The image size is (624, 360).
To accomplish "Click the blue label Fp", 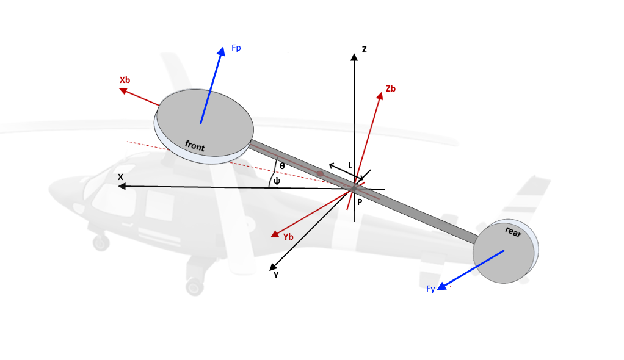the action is [x=236, y=48].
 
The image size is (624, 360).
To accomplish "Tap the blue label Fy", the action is [x=430, y=289].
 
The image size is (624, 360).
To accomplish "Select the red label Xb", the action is [x=125, y=80].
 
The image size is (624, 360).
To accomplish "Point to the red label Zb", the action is [x=390, y=88].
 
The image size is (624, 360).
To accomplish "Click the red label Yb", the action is [x=288, y=237].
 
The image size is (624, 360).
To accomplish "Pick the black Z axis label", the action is [x=364, y=49].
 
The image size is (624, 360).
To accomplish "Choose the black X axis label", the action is [x=120, y=177].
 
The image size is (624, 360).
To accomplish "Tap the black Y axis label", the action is [x=276, y=275].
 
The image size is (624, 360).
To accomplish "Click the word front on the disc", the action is [x=195, y=146].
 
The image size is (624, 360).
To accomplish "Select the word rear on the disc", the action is [x=513, y=231].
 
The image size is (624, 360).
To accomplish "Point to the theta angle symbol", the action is [x=282, y=166].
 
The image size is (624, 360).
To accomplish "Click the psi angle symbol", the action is [x=277, y=181].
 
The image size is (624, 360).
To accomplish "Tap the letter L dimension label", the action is [x=350, y=165].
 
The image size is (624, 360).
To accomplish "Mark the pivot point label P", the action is [x=360, y=202].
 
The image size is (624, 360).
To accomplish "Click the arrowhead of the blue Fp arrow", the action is [x=221, y=51].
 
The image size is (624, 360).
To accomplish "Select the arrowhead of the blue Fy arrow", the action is [x=441, y=286].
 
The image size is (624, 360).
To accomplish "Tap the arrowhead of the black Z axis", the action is [x=354, y=57].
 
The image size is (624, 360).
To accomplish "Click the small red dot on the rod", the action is [x=320, y=173].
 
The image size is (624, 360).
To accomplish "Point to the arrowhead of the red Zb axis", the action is [x=380, y=96].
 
